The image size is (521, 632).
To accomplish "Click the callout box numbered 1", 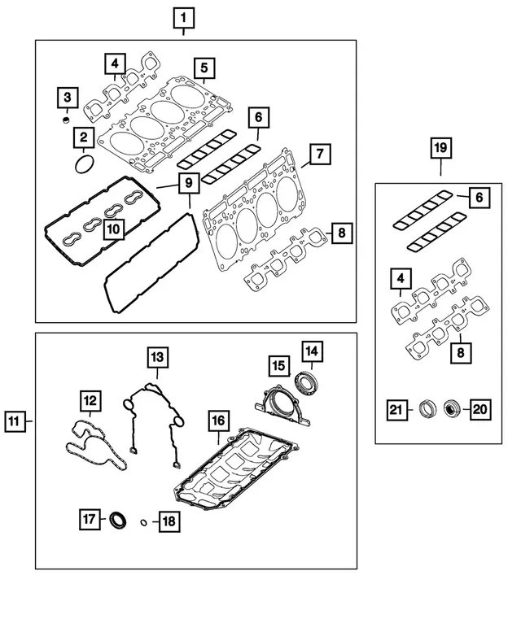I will click(x=184, y=16).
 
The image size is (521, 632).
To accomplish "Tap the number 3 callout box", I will click(x=68, y=98).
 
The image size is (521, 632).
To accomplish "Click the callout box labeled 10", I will click(x=113, y=230).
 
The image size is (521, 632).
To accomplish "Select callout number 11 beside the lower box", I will click(x=15, y=421).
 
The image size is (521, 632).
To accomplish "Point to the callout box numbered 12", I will click(x=90, y=400).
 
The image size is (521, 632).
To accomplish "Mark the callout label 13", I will click(x=157, y=356).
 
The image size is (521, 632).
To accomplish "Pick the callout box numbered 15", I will click(x=278, y=366).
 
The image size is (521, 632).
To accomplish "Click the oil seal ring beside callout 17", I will click(x=119, y=519).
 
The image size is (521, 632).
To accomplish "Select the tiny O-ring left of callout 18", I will click(x=144, y=522).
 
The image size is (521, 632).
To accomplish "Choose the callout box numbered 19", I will click(x=440, y=147).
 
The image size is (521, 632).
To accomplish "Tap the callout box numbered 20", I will click(x=480, y=409).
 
